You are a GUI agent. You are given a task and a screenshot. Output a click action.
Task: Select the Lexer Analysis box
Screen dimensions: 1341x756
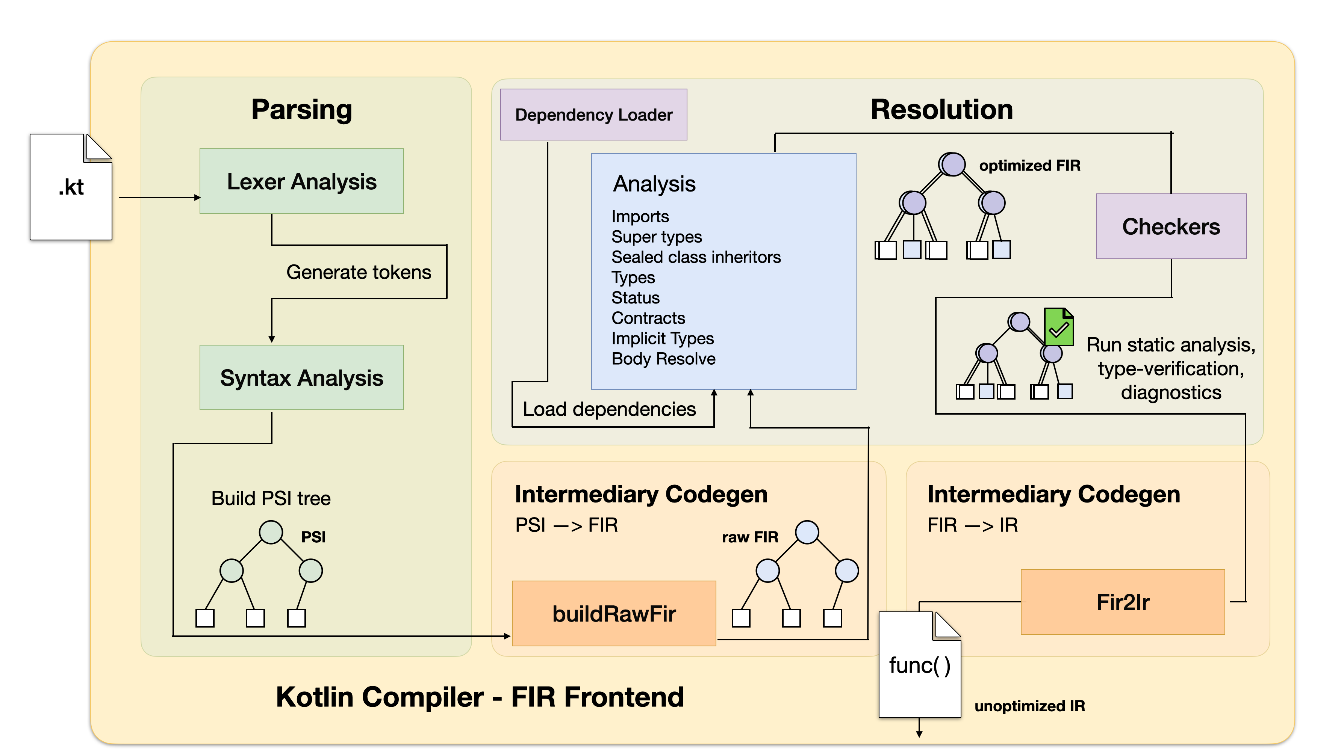[x=301, y=181]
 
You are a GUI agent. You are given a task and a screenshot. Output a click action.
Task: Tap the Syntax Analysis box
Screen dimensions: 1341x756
[x=301, y=377]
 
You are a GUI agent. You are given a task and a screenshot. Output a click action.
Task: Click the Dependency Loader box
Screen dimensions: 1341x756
[x=593, y=115]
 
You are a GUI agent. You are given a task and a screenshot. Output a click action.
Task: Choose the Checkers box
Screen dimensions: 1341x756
[x=1171, y=226]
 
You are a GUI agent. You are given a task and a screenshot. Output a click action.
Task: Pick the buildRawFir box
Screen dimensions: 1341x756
[x=614, y=613]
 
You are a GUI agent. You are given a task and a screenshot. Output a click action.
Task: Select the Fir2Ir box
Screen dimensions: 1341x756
[x=1123, y=602]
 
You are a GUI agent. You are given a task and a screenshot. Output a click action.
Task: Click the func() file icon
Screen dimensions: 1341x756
[x=920, y=665]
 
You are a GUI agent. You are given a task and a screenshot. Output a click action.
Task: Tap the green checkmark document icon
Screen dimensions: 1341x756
[x=1059, y=327]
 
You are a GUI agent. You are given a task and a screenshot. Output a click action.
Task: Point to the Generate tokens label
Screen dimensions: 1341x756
[x=359, y=272]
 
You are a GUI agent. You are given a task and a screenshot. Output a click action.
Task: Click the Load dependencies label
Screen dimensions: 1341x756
[x=609, y=409]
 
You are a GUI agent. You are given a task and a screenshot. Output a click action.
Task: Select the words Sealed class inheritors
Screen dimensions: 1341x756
[x=696, y=257]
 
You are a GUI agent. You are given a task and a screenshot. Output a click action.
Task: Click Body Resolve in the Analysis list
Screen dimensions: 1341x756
[x=663, y=359]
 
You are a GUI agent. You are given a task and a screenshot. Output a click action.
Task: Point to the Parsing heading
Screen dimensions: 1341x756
[x=301, y=110]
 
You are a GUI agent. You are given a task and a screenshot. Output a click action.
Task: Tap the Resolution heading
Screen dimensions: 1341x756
[x=942, y=109]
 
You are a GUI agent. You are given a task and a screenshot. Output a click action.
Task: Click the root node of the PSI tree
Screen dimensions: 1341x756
[x=271, y=532]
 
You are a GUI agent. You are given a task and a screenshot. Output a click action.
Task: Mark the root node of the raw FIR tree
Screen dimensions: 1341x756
[x=807, y=532]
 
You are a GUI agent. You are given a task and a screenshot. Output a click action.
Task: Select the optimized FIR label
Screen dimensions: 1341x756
[x=1030, y=166]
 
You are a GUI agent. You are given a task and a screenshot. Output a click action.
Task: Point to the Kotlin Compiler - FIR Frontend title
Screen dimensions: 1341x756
[x=480, y=697]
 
